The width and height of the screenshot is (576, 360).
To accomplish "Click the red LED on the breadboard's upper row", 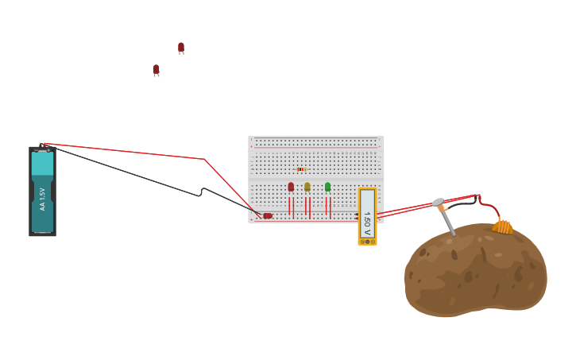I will point(291,187).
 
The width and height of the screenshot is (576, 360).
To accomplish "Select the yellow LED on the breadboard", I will point(307,187).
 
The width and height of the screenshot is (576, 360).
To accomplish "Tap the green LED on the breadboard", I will point(327,187).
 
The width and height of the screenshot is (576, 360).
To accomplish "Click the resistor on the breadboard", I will point(301,169).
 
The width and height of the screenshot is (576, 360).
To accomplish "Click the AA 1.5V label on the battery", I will point(42,199).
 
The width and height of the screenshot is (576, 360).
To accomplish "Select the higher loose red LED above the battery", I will point(181,47).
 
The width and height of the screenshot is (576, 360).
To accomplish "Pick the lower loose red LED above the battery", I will point(157,69).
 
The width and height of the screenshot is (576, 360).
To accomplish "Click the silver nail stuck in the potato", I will point(447,220).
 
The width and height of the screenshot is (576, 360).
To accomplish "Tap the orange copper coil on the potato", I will point(502,227).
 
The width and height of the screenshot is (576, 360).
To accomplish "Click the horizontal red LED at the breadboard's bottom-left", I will point(267,215).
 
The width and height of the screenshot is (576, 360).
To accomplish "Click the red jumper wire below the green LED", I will point(327,206).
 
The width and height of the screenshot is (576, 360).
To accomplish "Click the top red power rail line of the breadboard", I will point(315,147).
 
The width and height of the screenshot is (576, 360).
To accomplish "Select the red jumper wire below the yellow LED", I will point(307,206).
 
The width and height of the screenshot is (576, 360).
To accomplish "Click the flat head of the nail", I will point(438,202).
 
